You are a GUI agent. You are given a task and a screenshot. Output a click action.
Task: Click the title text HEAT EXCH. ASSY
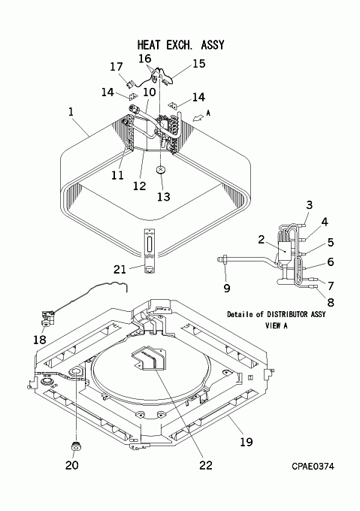click(181, 44)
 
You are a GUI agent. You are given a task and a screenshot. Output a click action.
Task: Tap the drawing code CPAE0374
click(313, 467)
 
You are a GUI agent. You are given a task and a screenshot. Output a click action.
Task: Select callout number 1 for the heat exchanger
click(71, 112)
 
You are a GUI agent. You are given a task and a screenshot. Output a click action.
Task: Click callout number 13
click(164, 197)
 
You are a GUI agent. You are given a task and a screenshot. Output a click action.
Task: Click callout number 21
click(119, 270)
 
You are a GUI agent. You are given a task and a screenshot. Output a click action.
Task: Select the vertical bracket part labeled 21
click(150, 250)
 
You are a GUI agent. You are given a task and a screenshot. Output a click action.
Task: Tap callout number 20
click(72, 465)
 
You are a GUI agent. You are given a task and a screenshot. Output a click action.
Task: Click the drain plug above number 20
click(76, 446)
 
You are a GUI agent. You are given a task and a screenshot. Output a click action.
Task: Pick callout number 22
click(206, 465)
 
